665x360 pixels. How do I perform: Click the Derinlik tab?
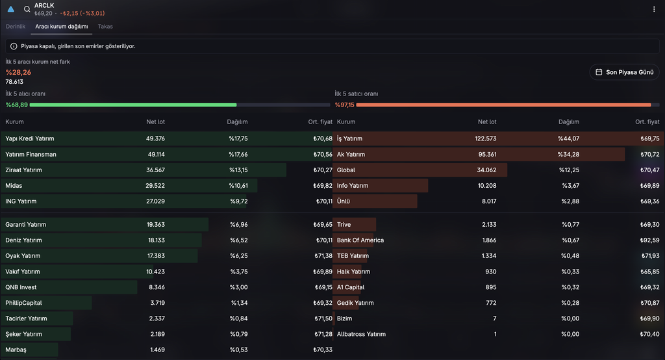point(16,27)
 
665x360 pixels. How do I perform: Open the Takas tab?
point(105,27)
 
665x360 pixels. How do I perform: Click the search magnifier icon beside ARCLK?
point(27,9)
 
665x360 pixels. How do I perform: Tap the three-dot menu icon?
point(653,9)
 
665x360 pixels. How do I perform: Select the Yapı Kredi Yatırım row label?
point(30,138)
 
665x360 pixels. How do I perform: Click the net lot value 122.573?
point(486,138)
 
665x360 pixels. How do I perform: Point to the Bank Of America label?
point(360,240)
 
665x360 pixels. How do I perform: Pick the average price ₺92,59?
point(649,240)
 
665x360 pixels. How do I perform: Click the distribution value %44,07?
point(568,138)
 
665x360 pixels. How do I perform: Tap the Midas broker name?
point(14,185)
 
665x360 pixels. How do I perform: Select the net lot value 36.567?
point(155,170)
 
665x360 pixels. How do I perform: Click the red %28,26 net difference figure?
point(18,72)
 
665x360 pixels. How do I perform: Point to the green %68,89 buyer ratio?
point(16,105)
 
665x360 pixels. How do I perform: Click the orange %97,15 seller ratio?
point(344,105)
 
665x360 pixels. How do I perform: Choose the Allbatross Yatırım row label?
point(361,334)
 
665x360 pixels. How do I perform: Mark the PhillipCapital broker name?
point(23,303)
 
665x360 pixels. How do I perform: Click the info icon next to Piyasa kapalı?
point(14,46)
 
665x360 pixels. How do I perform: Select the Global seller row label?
point(346,170)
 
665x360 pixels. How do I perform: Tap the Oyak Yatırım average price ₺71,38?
point(323,255)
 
